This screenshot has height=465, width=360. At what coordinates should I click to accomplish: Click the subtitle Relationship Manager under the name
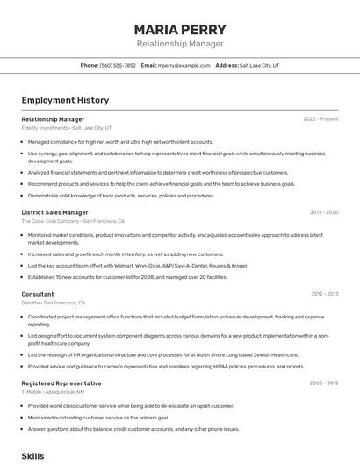180,43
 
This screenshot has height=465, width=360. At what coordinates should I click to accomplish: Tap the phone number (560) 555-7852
118,65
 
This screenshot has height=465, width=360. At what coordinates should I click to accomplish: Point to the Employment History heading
65,100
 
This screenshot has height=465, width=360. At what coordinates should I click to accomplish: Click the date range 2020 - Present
320,118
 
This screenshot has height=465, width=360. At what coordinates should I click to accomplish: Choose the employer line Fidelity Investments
67,127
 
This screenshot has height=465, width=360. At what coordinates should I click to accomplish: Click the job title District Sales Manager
54,212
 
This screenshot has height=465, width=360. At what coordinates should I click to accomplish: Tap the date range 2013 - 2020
324,212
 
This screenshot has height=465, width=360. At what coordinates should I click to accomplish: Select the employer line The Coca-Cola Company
73,221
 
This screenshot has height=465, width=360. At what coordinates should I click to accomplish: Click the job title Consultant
38,294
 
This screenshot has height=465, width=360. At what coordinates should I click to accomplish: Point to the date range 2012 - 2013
324,294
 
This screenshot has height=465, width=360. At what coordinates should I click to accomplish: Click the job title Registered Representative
61,383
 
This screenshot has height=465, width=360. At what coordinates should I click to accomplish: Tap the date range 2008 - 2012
324,383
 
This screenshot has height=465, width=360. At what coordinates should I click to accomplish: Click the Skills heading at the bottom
32,456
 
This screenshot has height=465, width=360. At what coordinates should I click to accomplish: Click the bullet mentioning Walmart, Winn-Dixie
138,265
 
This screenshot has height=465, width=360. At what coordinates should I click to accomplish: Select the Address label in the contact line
227,65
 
